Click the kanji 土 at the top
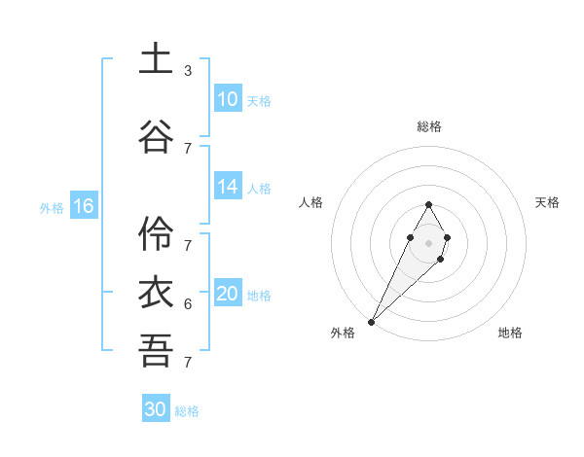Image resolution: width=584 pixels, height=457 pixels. pyautogui.click(x=155, y=59)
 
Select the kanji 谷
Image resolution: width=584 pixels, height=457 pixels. pyautogui.click(x=155, y=134)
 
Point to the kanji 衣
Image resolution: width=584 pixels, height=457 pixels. pyautogui.click(x=155, y=293)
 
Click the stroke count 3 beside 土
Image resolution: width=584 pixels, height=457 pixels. pyautogui.click(x=188, y=71)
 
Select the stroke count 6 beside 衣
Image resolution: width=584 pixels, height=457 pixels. pyautogui.click(x=188, y=304)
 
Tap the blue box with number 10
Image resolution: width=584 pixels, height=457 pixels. pyautogui.click(x=228, y=99)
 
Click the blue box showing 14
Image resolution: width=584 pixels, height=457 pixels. pyautogui.click(x=228, y=187)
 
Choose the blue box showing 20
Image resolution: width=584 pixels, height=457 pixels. pyautogui.click(x=228, y=295)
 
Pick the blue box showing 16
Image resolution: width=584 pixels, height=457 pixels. pyautogui.click(x=84, y=206)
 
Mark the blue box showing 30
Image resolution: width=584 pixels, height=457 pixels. pyautogui.click(x=156, y=409)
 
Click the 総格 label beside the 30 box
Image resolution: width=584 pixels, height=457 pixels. pyautogui.click(x=187, y=411)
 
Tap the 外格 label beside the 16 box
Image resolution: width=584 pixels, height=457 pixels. pyautogui.click(x=52, y=207)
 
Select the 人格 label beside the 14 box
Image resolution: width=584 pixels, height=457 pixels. pyautogui.click(x=259, y=188)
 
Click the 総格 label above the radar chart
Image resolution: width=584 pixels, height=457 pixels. pyautogui.click(x=429, y=126)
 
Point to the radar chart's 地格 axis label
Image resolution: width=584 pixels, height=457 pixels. pyautogui.click(x=510, y=333)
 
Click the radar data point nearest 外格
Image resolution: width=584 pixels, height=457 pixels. pyautogui.click(x=372, y=321)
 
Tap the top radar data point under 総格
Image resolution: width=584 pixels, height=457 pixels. pyautogui.click(x=429, y=204)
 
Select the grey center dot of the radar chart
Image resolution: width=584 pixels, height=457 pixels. pyautogui.click(x=428, y=240)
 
